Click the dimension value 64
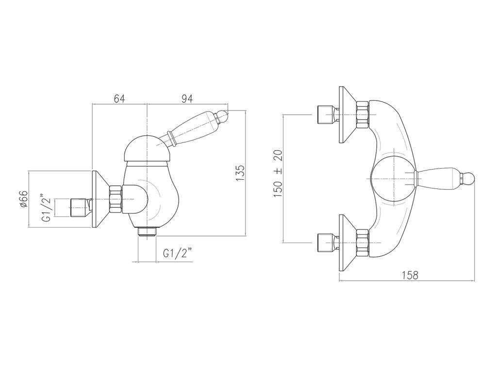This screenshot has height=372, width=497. [x=119, y=99]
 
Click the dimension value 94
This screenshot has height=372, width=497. [x=187, y=99]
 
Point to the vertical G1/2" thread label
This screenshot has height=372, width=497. [x=46, y=207]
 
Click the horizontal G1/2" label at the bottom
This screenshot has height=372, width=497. [x=177, y=253]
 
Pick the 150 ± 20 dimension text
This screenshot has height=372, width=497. [x=278, y=173]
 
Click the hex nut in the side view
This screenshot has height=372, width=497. [x=116, y=199]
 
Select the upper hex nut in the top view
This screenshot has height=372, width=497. [x=362, y=114]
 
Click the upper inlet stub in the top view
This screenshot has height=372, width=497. [x=324, y=114]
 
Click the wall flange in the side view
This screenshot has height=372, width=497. [x=100, y=199]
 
